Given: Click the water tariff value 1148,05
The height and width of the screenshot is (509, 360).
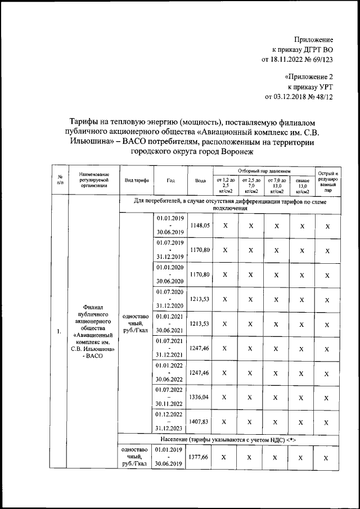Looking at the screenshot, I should coord(200,225).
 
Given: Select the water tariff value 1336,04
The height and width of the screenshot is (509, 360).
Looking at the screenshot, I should coord(200,397).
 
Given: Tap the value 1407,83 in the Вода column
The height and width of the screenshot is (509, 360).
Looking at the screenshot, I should coord(200,421).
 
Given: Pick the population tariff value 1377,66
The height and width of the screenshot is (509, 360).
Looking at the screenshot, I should coord(200,458).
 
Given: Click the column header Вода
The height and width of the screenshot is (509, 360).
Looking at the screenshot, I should coord(200,181).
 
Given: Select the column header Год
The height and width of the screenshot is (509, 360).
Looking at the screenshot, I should coord(170,181).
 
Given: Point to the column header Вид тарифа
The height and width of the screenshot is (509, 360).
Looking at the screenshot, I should coord(137,181).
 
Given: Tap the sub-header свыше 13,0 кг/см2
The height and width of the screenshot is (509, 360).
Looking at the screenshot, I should coord(302,185).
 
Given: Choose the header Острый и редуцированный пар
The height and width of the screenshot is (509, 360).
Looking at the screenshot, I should coord(327,181).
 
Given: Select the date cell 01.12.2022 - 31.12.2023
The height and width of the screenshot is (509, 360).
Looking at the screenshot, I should coord(170,421).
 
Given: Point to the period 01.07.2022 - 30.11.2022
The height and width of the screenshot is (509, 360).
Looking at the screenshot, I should coord(170,397).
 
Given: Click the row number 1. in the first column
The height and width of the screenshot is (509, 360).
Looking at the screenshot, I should coord(58,331).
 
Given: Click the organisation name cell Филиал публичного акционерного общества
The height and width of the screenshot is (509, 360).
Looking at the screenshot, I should coord(92,331).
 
